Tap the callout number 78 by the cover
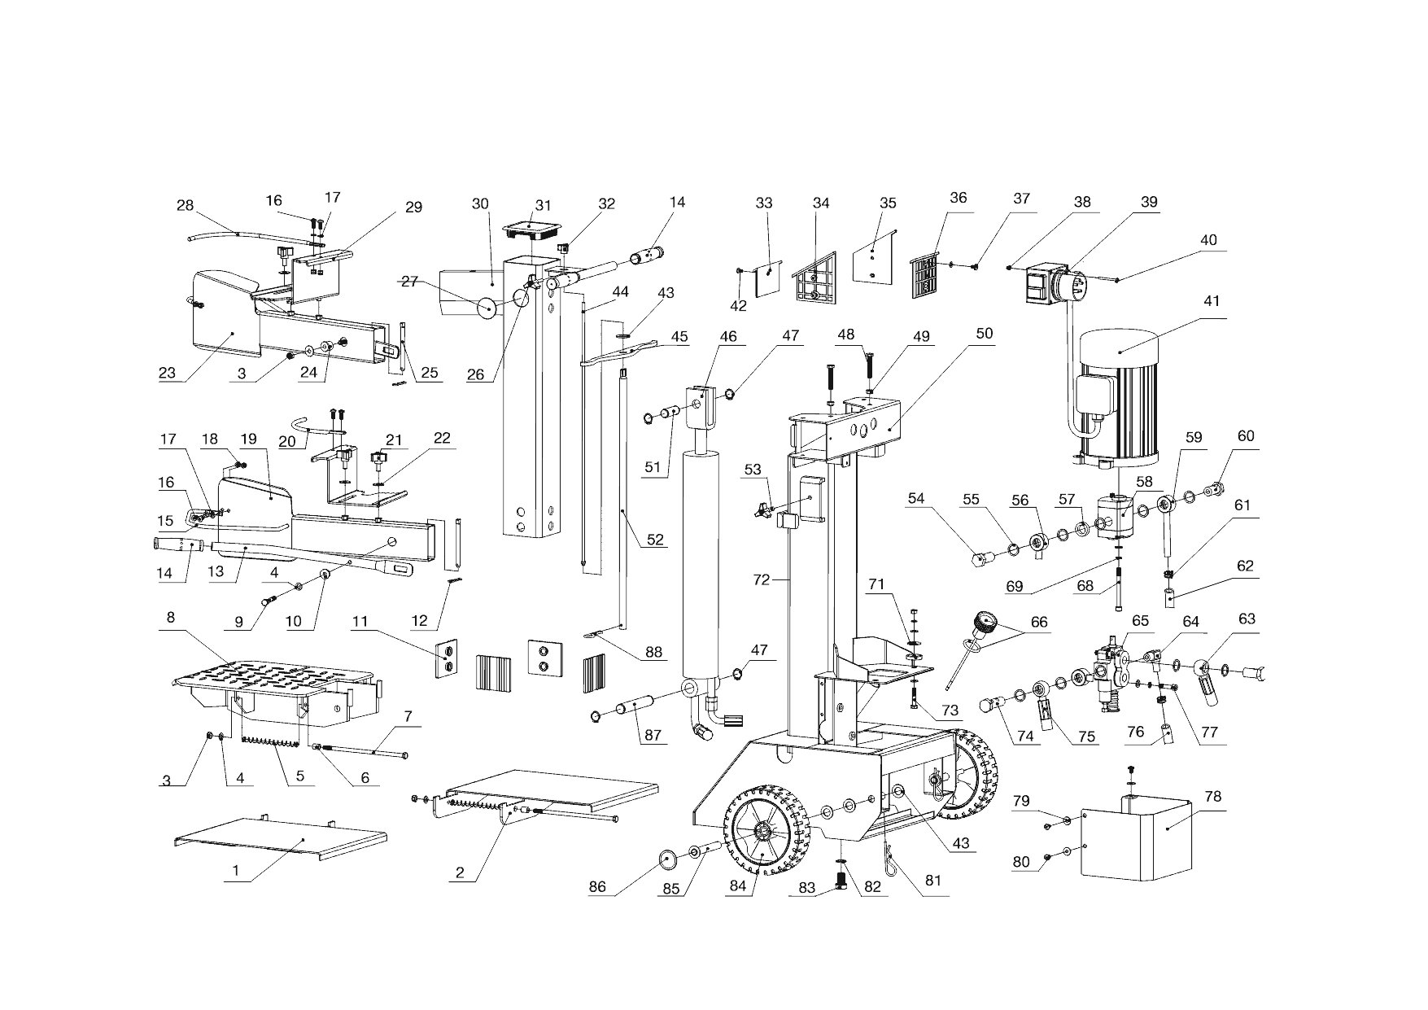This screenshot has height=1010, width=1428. click(x=1212, y=797)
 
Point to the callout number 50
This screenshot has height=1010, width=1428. click(x=985, y=334)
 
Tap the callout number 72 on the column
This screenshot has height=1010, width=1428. click(x=761, y=580)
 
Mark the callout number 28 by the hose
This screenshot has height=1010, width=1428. click(x=186, y=205)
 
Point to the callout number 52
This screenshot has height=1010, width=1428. click(x=655, y=540)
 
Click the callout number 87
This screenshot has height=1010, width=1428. click(x=653, y=735)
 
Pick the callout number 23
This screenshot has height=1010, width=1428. click(x=167, y=374)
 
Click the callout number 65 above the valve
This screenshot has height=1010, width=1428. click(x=1141, y=620)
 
